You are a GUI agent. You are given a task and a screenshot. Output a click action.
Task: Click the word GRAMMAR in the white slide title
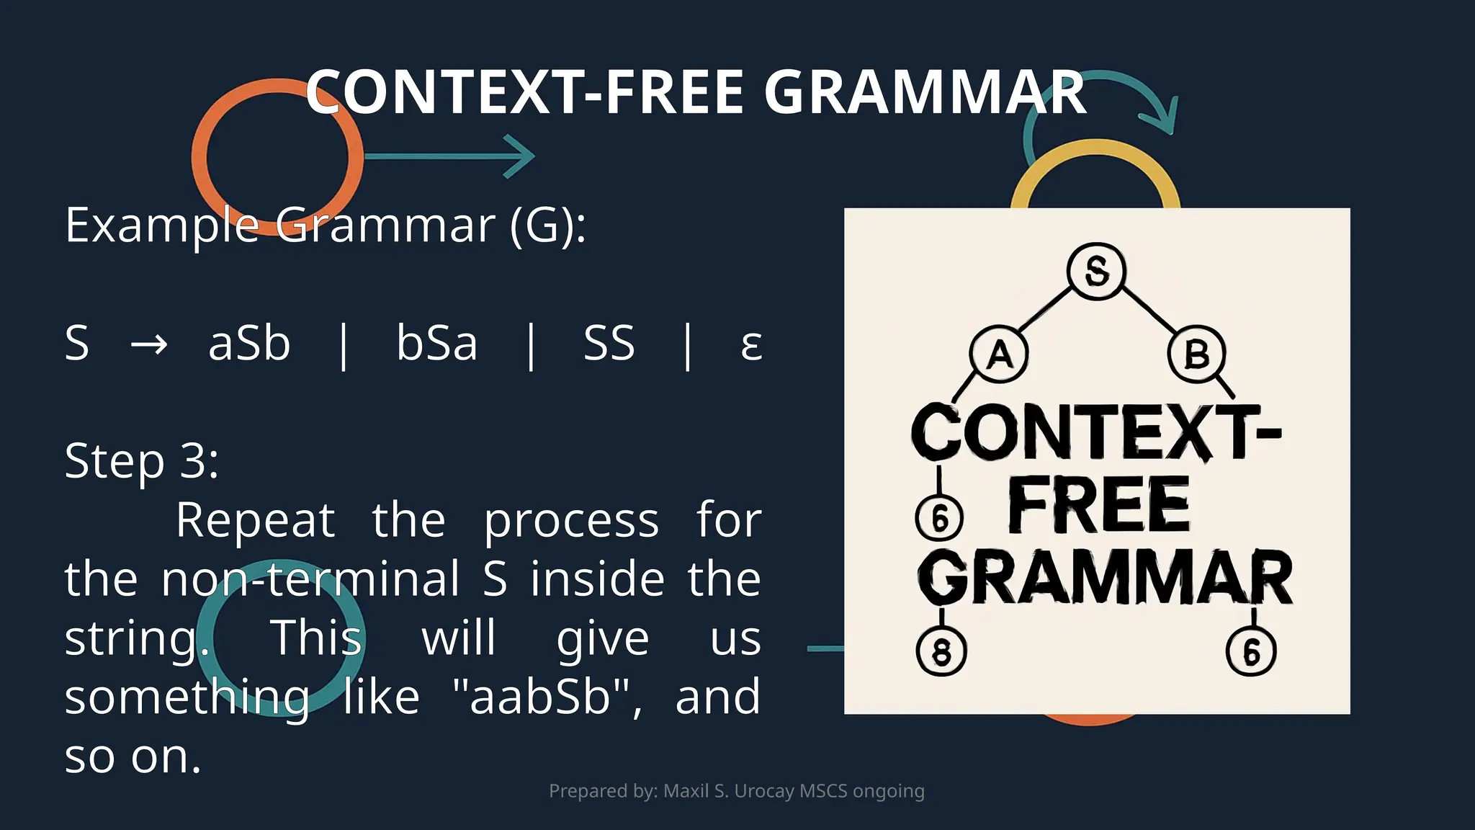tap(925, 92)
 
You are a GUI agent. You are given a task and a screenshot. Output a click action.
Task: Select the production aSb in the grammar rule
tap(249, 343)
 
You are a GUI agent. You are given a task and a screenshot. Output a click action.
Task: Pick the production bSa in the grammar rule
tap(436, 343)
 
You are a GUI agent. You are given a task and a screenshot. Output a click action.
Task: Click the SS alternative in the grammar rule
tap(609, 343)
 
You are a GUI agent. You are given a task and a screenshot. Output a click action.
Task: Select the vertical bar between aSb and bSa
tap(344, 346)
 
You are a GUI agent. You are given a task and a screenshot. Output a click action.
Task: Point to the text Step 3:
tap(142, 461)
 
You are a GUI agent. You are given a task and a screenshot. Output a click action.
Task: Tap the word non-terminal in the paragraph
tap(310, 579)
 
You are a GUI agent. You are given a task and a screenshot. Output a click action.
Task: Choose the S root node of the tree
tap(1096, 272)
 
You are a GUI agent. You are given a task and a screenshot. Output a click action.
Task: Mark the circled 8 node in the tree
tap(941, 651)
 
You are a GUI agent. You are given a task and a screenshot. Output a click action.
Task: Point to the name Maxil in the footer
tap(686, 791)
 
